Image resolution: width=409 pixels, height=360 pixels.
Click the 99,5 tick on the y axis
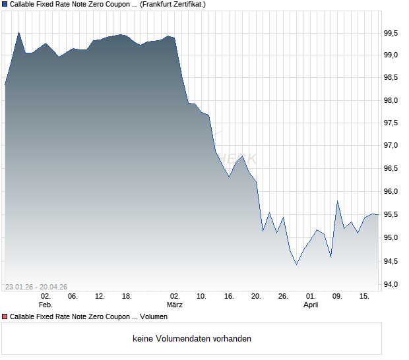click(x=392, y=32)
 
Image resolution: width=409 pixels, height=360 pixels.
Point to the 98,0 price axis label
click(x=392, y=100)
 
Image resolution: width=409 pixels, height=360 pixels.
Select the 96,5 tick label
click(x=392, y=168)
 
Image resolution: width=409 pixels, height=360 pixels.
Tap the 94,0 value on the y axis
click(x=392, y=285)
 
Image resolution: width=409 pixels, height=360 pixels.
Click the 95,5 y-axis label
click(x=392, y=214)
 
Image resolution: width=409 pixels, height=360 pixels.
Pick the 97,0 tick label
click(x=392, y=146)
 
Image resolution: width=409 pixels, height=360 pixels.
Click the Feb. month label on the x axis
click(x=46, y=305)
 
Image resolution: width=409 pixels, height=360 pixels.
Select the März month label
click(x=175, y=305)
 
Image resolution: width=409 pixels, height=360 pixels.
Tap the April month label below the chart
click(x=311, y=305)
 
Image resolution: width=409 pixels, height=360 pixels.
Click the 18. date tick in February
click(x=127, y=297)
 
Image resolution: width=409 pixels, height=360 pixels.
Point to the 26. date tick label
click(x=283, y=297)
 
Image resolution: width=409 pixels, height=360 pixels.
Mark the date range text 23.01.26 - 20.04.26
click(x=36, y=287)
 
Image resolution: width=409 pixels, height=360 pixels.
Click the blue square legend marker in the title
click(x=5, y=4)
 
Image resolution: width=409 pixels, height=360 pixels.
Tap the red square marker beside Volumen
click(x=5, y=317)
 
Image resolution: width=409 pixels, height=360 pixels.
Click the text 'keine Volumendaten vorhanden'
click(x=192, y=339)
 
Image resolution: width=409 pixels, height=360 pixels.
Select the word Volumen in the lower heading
click(x=154, y=317)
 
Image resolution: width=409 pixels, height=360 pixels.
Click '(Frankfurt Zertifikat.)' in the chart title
click(x=173, y=4)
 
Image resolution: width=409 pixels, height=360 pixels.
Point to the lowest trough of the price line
click(x=296, y=264)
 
